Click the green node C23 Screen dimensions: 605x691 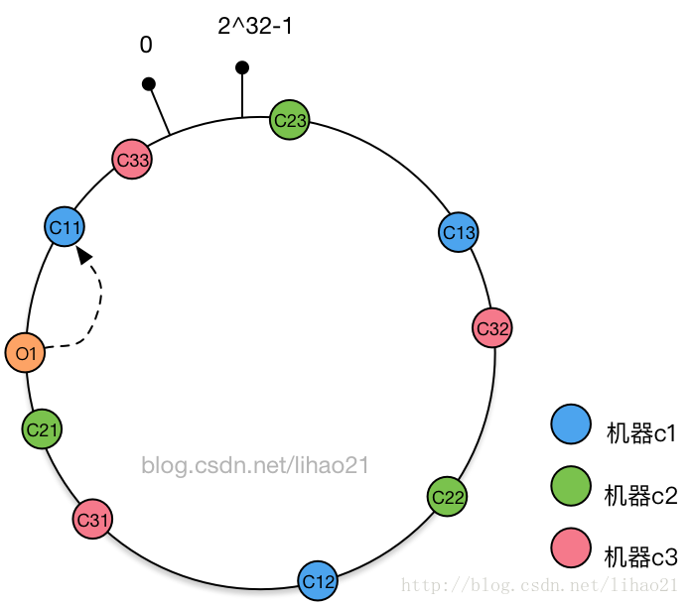coord(290,121)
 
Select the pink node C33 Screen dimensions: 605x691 coord(131,160)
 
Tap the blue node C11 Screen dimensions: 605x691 coord(66,228)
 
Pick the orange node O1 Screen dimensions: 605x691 coord(25,353)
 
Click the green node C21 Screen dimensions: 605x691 coord(42,429)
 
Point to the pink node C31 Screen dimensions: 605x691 coord(92,519)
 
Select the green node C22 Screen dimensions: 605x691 coord(448,496)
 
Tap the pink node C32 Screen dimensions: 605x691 coord(492,328)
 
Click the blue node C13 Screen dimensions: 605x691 coord(459,232)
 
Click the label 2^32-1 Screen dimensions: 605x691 coord(255,27)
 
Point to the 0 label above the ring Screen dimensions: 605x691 coord(146,46)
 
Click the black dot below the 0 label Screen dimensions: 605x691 coord(149,84)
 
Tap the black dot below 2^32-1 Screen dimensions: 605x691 coord(242,67)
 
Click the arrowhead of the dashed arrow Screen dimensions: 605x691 coord(84,254)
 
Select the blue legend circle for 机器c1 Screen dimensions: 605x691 coord(571,424)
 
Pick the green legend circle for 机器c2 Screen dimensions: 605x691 coord(571,487)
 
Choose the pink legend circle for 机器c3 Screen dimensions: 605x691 coord(571,548)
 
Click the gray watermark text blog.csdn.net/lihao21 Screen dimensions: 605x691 coord(255,464)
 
